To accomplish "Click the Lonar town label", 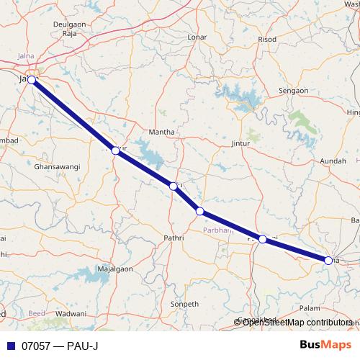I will point(197,37).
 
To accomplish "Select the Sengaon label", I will point(294,91).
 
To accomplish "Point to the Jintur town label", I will point(243,144).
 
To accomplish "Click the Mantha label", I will point(161,132).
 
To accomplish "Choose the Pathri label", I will point(174,236).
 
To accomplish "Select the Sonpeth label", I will point(184,305).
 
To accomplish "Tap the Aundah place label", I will point(333,161).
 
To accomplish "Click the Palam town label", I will point(310,307).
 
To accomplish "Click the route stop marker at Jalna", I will point(32,79).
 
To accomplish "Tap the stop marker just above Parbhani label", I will point(200,211).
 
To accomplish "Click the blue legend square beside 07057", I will point(9,346).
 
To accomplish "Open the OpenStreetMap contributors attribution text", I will point(297,323).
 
